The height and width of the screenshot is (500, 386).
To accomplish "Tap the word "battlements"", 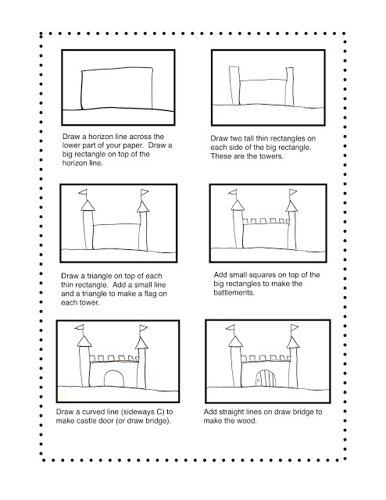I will click(x=235, y=294).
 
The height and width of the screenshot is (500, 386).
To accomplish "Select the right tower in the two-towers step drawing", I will click(x=288, y=87).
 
